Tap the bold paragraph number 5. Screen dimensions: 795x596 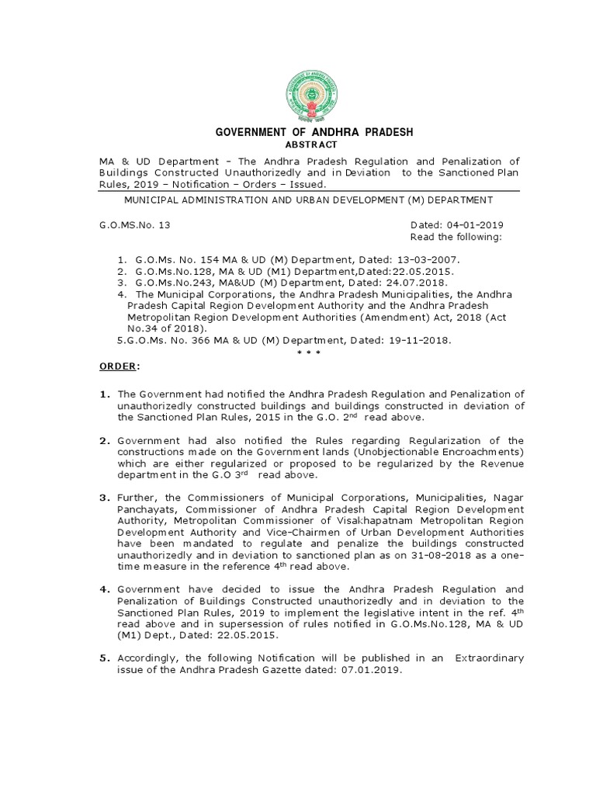(103, 658)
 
